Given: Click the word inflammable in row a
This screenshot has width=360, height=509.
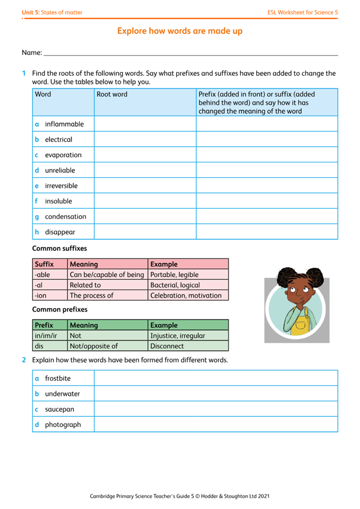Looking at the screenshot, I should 64,124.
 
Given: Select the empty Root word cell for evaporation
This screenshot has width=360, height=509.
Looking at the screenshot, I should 145,155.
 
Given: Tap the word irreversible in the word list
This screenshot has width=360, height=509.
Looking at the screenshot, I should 61,186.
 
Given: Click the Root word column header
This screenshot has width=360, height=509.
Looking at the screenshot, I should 112,94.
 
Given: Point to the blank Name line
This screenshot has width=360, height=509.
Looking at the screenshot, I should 191,52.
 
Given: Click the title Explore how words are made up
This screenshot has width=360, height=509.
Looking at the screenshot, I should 180,31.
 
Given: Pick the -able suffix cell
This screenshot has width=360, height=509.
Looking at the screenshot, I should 50,275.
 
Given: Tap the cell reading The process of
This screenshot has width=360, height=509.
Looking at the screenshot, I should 108,295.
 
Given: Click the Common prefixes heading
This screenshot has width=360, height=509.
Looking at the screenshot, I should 60,309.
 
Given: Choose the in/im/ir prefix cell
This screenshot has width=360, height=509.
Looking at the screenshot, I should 50,336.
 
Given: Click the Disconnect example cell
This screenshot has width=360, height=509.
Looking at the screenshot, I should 188,346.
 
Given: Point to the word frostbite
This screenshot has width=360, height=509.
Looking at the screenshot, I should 58,378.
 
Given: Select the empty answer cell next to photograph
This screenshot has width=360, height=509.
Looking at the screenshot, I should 215,425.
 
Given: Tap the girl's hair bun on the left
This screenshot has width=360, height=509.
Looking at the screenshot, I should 279,275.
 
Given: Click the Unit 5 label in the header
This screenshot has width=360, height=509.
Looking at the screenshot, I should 52,12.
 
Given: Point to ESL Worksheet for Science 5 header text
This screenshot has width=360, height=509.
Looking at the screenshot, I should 302,12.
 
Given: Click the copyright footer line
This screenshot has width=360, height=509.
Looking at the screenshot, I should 180,495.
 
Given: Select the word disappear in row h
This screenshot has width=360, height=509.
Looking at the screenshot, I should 60,232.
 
